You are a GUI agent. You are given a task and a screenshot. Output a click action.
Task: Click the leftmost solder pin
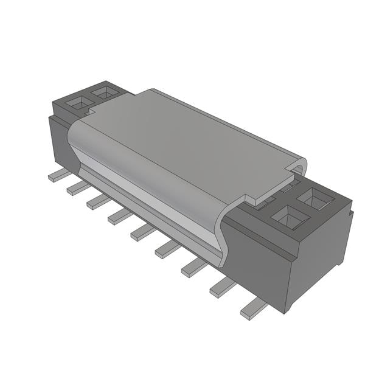59,175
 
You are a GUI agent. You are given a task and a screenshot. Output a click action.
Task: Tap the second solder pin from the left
78,188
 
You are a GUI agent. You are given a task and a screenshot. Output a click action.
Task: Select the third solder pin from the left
99,201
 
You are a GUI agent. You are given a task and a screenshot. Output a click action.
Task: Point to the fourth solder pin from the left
120,216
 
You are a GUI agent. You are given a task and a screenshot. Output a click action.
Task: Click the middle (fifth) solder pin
143,231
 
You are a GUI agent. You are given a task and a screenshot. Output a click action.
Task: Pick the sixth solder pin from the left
167,248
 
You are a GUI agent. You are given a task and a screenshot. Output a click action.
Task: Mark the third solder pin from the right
194,266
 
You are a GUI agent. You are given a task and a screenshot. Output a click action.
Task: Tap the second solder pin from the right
223,287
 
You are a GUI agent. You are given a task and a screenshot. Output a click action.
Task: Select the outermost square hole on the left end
78,104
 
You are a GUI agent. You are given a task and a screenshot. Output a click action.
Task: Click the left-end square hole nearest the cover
105,93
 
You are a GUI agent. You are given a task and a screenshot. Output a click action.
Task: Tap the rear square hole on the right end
315,198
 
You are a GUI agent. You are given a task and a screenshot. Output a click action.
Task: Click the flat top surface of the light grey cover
189,140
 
